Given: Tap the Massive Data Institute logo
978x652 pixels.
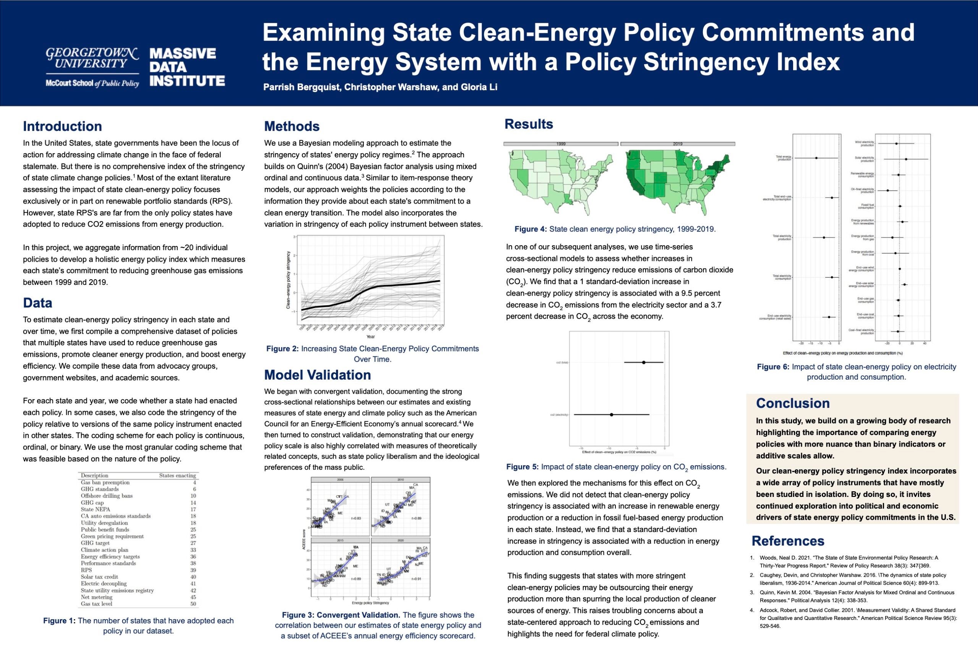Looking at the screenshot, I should (x=187, y=67).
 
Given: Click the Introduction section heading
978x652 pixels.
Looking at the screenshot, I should (x=62, y=126).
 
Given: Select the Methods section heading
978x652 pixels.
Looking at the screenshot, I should (x=292, y=126).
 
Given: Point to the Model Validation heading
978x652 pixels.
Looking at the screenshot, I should (x=317, y=375).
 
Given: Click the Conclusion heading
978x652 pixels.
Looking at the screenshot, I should (x=793, y=403).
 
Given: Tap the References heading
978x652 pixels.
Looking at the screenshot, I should (x=787, y=540).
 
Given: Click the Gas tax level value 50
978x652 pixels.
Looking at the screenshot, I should (x=193, y=604).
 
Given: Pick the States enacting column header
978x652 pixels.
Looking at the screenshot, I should (x=177, y=475).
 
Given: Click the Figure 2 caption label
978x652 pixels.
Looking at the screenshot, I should (x=282, y=348).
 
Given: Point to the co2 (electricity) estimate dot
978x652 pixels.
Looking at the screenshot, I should (x=611, y=414).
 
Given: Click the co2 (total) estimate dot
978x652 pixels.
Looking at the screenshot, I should (x=644, y=362).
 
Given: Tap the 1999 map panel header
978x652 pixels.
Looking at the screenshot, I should (x=561, y=144).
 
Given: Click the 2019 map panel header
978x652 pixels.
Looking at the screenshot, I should (x=678, y=144).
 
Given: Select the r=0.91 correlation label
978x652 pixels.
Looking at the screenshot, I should (x=416, y=579).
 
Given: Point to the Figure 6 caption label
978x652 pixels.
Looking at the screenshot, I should (x=772, y=367).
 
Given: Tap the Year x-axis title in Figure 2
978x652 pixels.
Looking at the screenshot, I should (x=370, y=337).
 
